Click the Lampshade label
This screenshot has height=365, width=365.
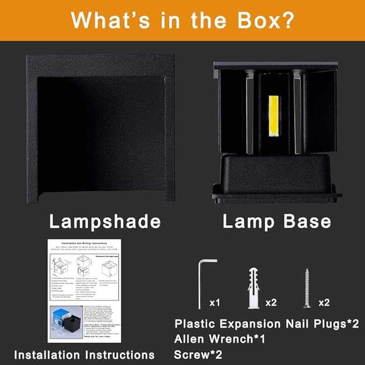click(x=105, y=221)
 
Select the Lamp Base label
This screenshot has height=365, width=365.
click(x=277, y=221)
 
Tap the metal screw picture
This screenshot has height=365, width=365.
click(x=307, y=288)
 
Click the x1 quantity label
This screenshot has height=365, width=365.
click(x=214, y=303)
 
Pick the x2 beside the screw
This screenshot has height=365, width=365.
click(x=324, y=303)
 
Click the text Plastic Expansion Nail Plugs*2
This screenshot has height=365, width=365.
click(x=266, y=324)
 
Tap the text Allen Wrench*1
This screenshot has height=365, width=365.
click(x=219, y=339)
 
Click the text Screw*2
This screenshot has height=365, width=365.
click(x=198, y=354)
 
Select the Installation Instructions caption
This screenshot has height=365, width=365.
click(x=84, y=354)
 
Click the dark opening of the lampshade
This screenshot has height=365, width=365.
click(x=100, y=134)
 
